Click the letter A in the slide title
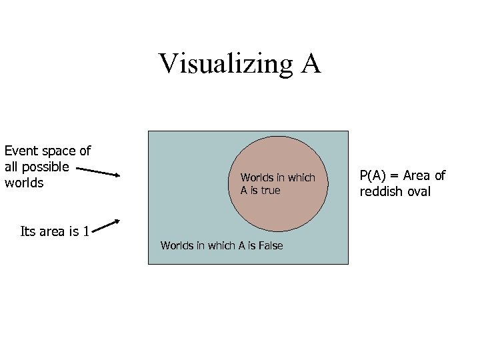point(311,63)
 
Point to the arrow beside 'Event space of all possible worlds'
point(98,172)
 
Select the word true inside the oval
point(271,191)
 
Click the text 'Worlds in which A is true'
point(277,184)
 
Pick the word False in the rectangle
point(269,246)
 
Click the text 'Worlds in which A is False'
point(221,246)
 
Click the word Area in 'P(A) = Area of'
point(416,176)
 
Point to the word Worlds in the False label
point(177,246)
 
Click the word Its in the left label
point(29,232)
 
